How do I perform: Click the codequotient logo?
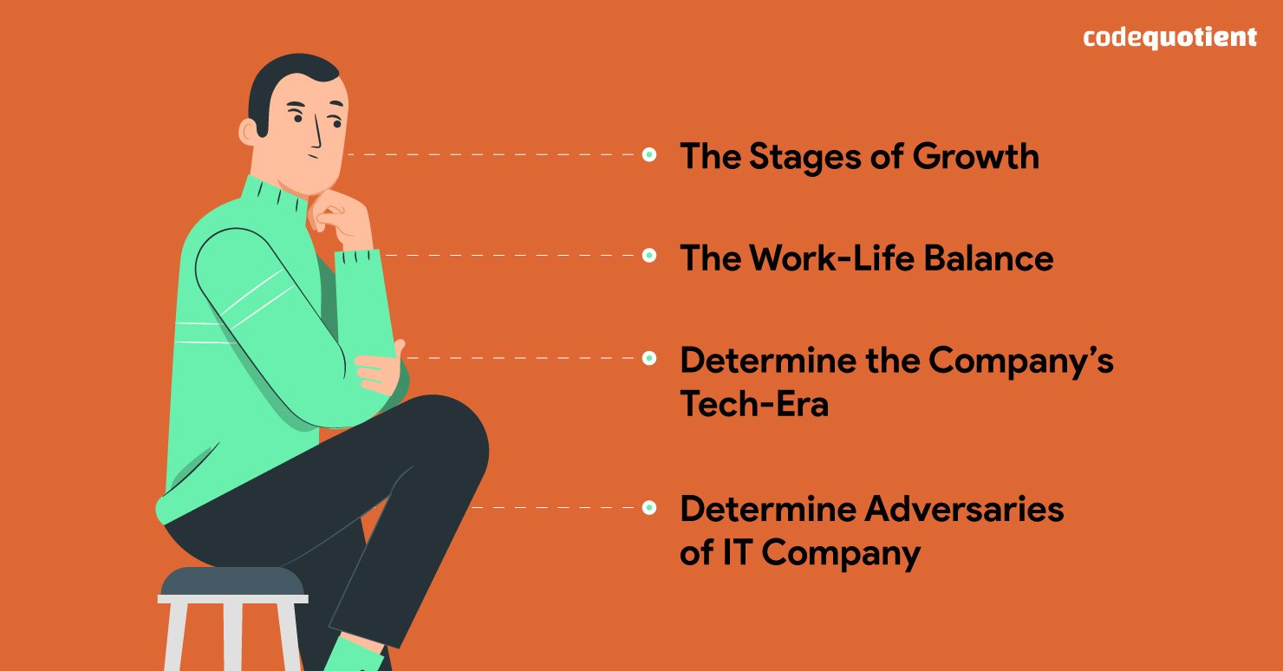tap(1169, 38)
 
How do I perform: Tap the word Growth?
tap(975, 157)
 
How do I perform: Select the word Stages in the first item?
tap(804, 157)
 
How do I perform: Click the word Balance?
tap(988, 257)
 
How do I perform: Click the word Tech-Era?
tap(754, 404)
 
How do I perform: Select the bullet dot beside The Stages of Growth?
tap(649, 154)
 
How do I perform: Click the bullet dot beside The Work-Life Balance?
tap(649, 255)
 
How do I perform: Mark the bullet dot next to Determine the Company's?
tap(649, 358)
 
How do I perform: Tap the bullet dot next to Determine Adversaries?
tap(649, 508)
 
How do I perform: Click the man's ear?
tap(249, 132)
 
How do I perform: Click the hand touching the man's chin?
tap(340, 220)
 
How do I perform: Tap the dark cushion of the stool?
tap(232, 581)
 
